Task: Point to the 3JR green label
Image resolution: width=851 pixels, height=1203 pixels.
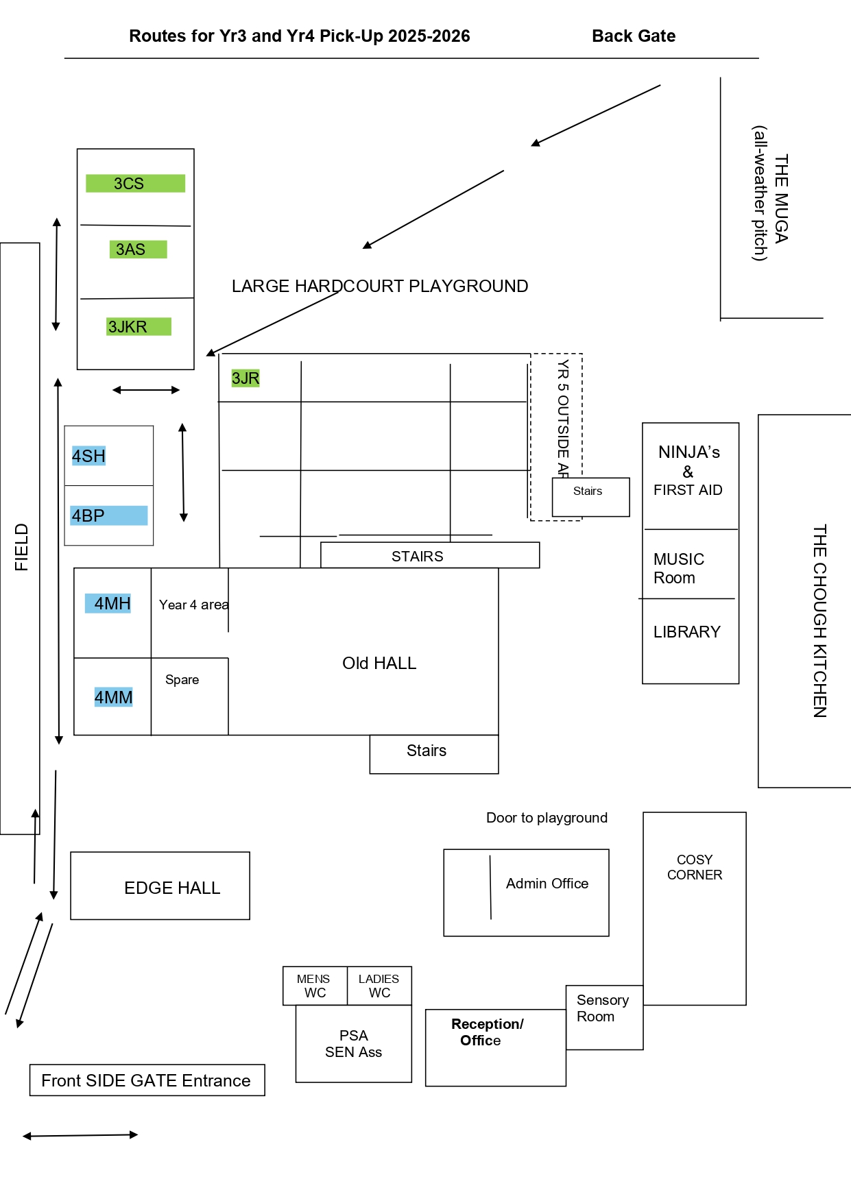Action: point(245,378)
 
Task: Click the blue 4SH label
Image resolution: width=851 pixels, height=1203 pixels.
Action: point(88,457)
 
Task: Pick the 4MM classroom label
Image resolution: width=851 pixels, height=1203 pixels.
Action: point(113,697)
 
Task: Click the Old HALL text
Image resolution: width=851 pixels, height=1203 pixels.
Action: point(379,664)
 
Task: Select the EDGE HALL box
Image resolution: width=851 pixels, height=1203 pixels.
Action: point(160,886)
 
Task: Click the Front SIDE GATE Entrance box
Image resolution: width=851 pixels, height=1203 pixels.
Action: point(147,1080)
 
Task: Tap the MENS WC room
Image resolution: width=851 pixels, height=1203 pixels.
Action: point(315,986)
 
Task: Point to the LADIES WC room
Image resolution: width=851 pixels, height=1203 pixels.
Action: point(379,986)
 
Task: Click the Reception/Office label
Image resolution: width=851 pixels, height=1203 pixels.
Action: point(486,1032)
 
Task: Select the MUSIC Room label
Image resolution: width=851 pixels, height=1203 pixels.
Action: point(678,569)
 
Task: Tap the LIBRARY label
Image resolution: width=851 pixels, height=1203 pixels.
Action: point(686,632)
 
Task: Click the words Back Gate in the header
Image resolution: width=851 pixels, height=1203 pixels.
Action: point(634,36)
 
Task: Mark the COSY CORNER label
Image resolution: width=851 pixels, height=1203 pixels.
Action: point(695,867)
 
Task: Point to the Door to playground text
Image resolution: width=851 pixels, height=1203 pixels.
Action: point(547,818)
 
